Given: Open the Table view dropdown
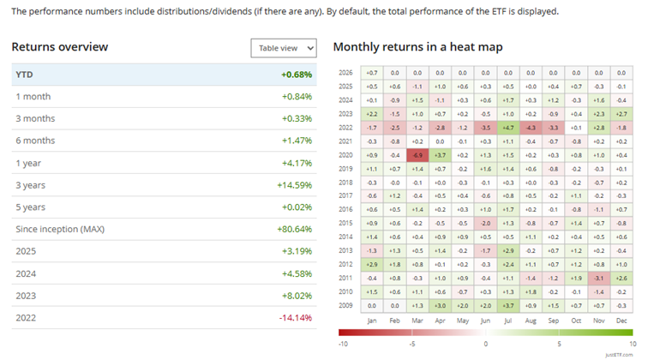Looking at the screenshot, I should tap(284, 49).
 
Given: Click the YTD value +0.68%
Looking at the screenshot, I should tap(297, 74).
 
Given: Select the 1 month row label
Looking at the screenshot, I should tap(33, 96).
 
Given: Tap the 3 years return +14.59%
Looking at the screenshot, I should tap(294, 184).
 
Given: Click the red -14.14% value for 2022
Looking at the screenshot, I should tap(294, 318).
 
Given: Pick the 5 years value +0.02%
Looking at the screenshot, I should tap(297, 207).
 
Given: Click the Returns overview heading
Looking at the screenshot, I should tap(60, 47).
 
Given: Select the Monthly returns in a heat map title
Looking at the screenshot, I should tap(417, 47).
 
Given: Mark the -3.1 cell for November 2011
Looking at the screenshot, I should tap(598, 278).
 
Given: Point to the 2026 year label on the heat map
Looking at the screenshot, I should tap(345, 73).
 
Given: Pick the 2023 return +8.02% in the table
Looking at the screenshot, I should tap(297, 296).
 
